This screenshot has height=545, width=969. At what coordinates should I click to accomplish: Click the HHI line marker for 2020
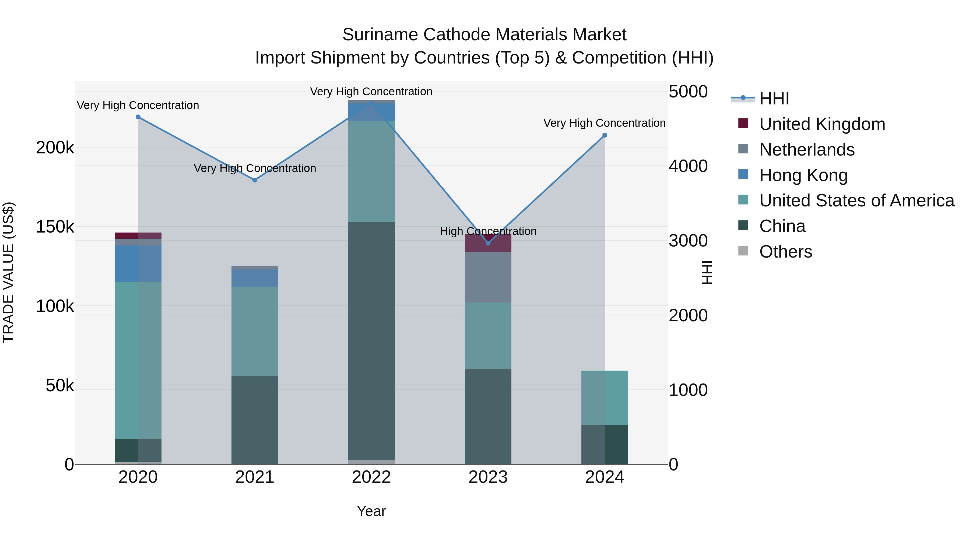[138, 117]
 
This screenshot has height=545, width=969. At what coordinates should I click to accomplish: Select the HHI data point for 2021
[255, 180]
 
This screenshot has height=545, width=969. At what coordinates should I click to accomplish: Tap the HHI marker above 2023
[488, 243]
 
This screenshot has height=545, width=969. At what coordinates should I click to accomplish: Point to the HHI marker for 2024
[605, 135]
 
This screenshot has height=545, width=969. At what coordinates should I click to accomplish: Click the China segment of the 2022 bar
[371, 339]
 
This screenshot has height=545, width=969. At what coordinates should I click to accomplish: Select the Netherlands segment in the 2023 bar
[488, 277]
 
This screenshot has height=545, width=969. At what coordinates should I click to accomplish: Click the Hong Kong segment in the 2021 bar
[255, 278]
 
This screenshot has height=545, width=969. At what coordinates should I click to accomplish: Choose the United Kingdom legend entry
[822, 124]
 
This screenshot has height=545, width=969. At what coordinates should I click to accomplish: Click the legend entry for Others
[785, 252]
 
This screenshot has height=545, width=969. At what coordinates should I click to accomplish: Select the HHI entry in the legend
[774, 99]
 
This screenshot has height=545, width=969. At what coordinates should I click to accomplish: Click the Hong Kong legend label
[803, 175]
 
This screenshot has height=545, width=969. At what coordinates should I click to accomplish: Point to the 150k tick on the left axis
[55, 227]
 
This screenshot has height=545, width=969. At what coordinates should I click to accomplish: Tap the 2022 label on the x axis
[371, 477]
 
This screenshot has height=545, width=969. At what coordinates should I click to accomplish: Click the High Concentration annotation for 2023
[488, 231]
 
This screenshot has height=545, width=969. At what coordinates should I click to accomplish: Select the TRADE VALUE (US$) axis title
[8, 272]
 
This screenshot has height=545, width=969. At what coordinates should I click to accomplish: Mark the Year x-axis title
[371, 511]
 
